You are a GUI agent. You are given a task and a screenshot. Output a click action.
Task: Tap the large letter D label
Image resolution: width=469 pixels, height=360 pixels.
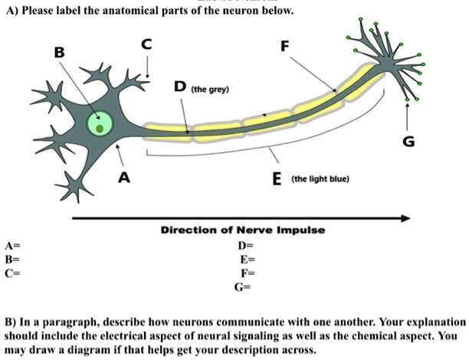[x=178, y=87]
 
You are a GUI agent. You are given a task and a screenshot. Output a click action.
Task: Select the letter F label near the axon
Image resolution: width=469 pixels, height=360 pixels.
[x=285, y=45]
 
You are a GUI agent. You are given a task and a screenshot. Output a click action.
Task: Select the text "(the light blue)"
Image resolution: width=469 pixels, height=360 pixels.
[x=320, y=179]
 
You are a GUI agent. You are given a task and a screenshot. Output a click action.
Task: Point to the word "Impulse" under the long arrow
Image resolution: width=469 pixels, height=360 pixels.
[x=300, y=231]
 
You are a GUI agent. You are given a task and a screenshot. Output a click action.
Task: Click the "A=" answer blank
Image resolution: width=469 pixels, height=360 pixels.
[x=11, y=246]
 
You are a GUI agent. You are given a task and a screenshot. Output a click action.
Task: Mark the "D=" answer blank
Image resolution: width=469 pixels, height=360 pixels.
[x=244, y=246]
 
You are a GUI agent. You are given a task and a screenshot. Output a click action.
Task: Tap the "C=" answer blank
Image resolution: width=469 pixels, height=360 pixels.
[x=11, y=273]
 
